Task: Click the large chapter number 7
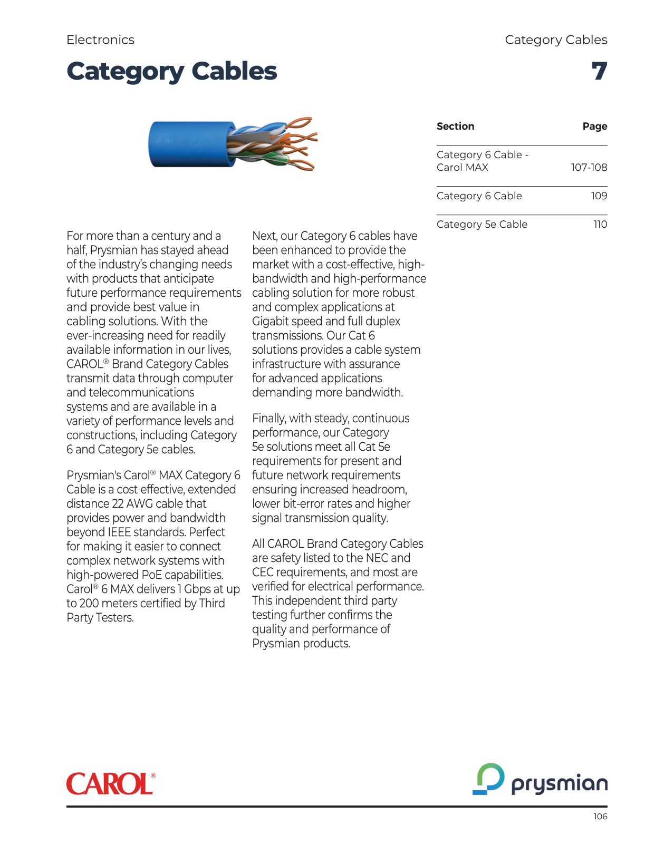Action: point(599,71)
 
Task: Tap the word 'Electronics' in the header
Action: point(100,40)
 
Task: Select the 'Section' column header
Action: point(455,127)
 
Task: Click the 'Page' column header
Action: point(594,127)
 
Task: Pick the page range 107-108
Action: point(589,168)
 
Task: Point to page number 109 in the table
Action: point(599,196)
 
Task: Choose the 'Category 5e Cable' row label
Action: point(481,225)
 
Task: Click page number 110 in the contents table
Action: point(600,225)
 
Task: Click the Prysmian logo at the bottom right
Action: point(540,780)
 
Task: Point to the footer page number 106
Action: point(600,817)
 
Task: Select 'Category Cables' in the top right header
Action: point(556,40)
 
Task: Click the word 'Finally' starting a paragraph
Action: point(268,419)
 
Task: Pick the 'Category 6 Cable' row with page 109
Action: point(479,196)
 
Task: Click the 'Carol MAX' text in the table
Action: point(462,168)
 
